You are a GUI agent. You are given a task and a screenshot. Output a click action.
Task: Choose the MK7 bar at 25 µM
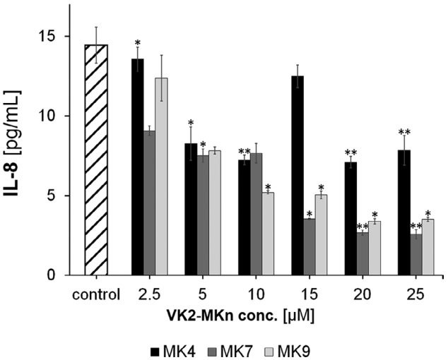coord(415,255)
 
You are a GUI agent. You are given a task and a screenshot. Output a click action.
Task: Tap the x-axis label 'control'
coord(95,292)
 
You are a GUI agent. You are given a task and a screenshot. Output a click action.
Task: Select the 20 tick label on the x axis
coord(365,292)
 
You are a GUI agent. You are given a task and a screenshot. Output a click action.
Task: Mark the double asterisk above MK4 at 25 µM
coord(404,132)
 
